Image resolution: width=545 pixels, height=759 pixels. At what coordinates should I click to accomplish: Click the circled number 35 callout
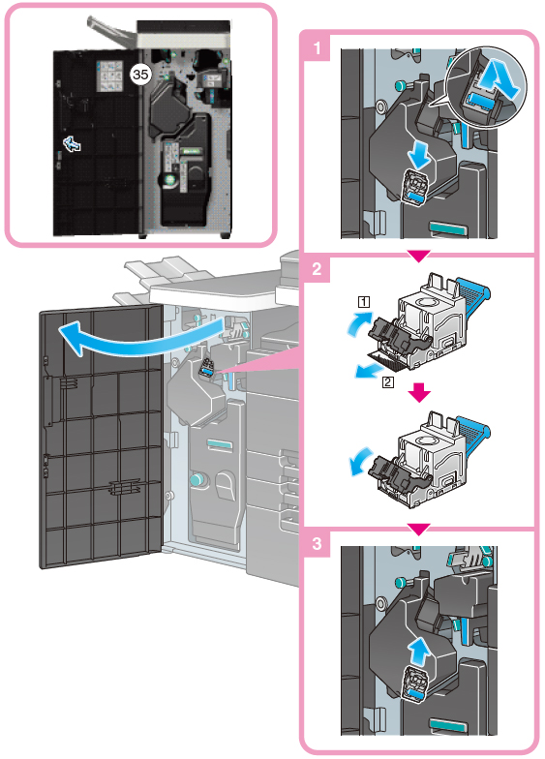[140, 74]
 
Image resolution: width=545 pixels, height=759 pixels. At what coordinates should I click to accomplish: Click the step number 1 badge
[317, 48]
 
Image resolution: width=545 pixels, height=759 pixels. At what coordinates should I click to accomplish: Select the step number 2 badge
[317, 269]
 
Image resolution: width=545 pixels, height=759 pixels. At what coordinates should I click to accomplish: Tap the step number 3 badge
[317, 543]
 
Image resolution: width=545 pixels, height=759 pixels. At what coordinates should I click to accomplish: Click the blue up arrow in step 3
[418, 652]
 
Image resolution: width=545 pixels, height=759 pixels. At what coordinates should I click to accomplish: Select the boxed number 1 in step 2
[364, 302]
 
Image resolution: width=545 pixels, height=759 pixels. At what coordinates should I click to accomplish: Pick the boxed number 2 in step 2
[387, 382]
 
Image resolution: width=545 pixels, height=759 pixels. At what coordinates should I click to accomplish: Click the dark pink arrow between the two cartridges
[419, 393]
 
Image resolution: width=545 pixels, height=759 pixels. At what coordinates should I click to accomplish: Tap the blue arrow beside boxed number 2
[368, 372]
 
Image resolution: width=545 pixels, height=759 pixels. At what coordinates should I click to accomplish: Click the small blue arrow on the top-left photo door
[72, 143]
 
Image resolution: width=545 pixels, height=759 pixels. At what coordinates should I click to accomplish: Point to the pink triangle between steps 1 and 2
[418, 256]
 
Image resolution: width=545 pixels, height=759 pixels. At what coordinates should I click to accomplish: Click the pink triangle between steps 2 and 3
[418, 529]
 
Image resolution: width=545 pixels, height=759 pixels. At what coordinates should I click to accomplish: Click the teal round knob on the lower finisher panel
[197, 480]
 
